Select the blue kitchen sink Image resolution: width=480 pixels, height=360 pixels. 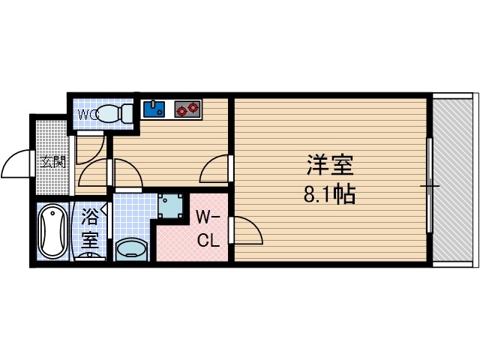click(x=155, y=109)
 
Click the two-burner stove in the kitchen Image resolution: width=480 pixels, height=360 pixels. click(x=187, y=109)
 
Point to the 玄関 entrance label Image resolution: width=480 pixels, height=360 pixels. click(x=52, y=161)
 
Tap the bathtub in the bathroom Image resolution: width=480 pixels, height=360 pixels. click(x=52, y=232)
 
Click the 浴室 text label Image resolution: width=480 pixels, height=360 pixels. click(x=90, y=229)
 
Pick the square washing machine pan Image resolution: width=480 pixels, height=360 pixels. click(x=171, y=205)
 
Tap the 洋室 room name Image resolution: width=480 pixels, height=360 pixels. click(x=329, y=166)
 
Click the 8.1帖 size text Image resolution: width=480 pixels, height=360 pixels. click(x=329, y=195)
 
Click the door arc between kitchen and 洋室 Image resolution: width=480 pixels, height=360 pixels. click(x=215, y=169)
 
